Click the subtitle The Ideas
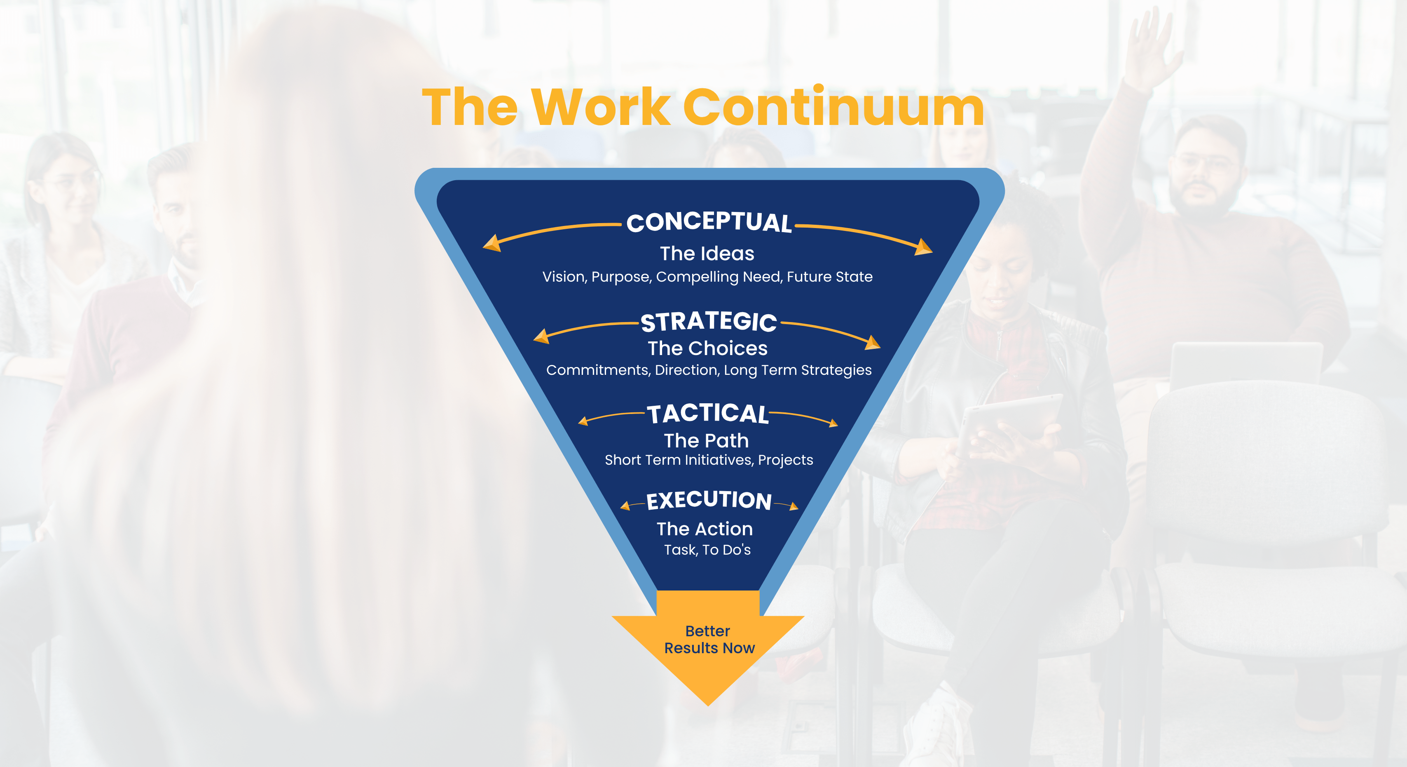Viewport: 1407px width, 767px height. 707,254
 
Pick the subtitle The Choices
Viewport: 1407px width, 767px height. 708,348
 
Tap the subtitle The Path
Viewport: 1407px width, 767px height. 706,441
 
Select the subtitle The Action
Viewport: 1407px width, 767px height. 705,529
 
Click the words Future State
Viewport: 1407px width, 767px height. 830,277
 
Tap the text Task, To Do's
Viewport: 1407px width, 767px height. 707,550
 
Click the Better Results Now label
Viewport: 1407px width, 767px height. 709,640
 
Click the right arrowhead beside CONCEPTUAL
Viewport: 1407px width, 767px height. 924,247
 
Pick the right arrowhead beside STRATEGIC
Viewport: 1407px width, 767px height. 873,343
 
